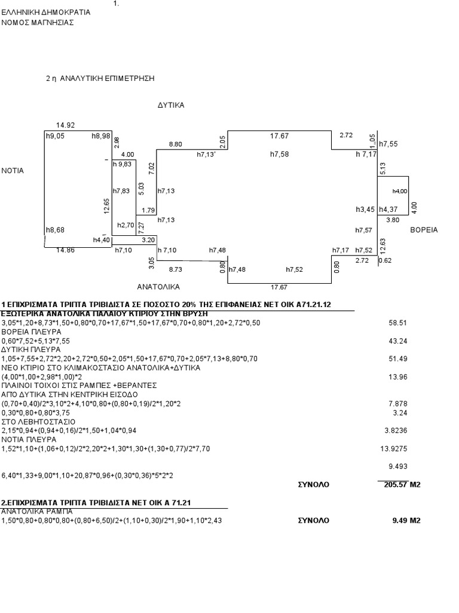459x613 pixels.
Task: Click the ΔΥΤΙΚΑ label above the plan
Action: [171, 105]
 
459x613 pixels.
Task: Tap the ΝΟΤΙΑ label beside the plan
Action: [13, 171]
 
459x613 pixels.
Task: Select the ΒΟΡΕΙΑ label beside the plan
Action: [424, 230]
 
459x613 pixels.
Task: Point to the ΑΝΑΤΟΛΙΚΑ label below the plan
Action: [158, 287]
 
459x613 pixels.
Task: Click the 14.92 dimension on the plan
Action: [65, 126]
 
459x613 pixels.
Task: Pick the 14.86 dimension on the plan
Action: [65, 250]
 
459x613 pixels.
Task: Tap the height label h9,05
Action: [56, 136]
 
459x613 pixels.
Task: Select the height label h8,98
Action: [100, 136]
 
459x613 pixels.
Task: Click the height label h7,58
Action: [280, 154]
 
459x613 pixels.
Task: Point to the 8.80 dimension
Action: [175, 144]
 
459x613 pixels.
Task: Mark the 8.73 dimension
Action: [175, 269]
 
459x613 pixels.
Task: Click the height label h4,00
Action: [400, 191]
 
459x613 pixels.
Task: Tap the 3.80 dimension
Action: [393, 220]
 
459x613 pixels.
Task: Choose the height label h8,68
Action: [56, 230]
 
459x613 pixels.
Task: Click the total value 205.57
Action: [396, 485]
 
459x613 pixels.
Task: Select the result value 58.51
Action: [397, 323]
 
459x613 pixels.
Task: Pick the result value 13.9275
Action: [393, 449]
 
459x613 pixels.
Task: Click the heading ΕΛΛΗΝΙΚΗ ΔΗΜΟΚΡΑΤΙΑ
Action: [46, 13]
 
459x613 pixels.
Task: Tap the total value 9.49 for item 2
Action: [400, 521]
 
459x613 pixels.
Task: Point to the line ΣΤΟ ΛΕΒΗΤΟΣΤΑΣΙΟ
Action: [39, 422]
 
